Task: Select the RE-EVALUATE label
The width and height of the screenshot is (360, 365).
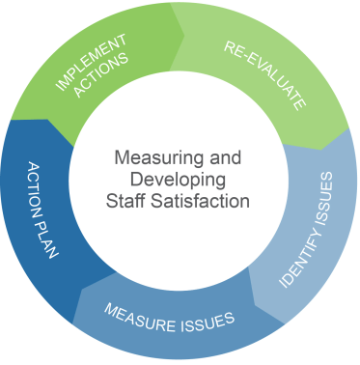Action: click(264, 73)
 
